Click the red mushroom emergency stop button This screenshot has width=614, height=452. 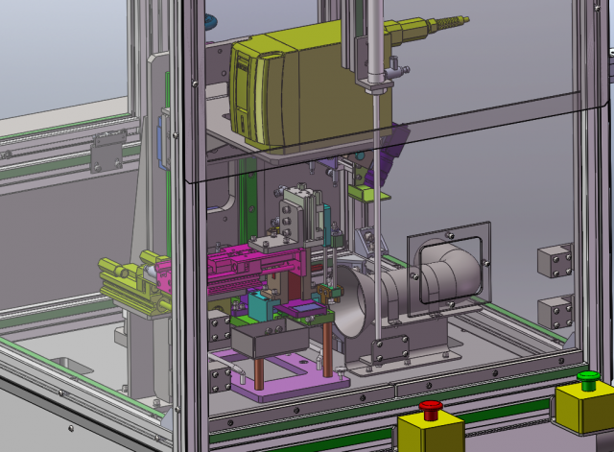tap(431, 408)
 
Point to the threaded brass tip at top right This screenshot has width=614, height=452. tap(450, 21)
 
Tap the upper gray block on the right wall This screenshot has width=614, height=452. tap(555, 260)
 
